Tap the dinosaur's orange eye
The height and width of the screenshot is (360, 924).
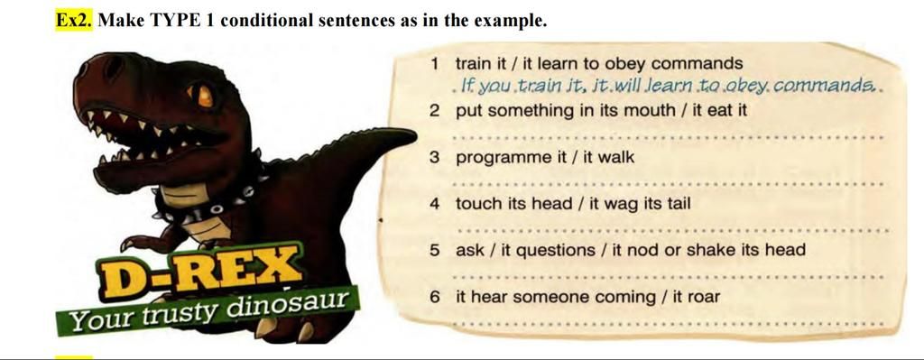(x=205, y=94)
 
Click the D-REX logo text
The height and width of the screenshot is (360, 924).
(x=200, y=270)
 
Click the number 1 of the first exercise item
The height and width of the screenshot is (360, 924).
(x=435, y=64)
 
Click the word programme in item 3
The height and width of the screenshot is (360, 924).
(x=500, y=158)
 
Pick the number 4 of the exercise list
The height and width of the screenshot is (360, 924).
(x=435, y=203)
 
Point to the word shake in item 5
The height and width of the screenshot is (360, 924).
(x=712, y=250)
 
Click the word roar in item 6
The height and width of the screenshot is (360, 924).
(x=703, y=296)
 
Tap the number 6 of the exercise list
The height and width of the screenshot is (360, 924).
(x=435, y=296)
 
